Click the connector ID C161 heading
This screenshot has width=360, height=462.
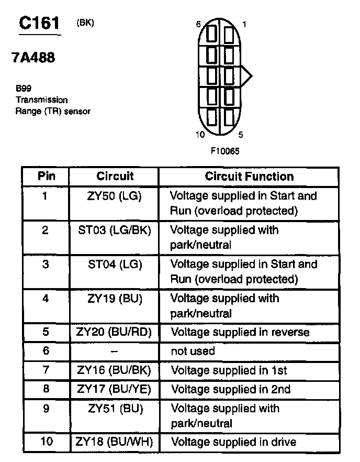tap(39, 23)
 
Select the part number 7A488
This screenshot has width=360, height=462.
tap(33, 58)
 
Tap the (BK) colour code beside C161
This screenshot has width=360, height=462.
tap(85, 23)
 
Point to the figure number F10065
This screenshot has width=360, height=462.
tap(226, 150)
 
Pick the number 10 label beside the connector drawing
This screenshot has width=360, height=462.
tap(200, 135)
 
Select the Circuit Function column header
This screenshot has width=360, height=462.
tap(249, 177)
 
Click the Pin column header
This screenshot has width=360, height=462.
tap(46, 176)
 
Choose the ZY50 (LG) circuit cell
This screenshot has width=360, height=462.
tap(115, 196)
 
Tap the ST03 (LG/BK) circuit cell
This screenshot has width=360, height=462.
tap(115, 230)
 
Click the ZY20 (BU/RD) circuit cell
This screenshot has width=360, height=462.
tap(115, 332)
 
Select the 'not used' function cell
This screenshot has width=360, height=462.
tap(193, 351)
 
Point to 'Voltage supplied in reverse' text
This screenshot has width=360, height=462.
tap(240, 332)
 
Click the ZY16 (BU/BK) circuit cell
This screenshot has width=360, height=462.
tap(115, 370)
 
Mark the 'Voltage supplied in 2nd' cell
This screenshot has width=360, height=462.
tap(230, 389)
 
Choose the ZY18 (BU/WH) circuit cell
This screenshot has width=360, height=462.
tap(115, 442)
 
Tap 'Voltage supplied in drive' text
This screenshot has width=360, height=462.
tap(233, 442)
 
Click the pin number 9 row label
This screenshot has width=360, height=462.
tap(46, 408)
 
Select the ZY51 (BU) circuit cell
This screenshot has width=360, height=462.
tap(115, 408)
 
